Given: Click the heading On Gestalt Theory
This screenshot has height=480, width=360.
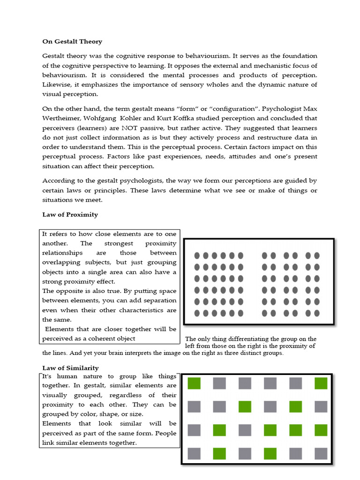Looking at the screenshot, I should tap(72, 42).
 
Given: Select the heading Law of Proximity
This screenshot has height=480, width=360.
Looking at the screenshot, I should tap(70, 215).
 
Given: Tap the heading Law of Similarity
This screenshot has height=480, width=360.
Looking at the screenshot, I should tap(70, 368).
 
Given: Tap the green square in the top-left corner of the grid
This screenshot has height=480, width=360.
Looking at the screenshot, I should tap(194, 383).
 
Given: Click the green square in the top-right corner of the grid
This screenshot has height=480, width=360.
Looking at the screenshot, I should tap(321, 383).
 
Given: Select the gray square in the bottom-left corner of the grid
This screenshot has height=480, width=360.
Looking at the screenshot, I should tap(194, 453).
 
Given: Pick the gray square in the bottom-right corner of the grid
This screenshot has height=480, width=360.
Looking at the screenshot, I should tap(321, 453).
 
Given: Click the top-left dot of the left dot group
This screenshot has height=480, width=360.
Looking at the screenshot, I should tap(196, 255).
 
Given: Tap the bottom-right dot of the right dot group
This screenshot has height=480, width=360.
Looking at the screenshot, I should tap(317, 313).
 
